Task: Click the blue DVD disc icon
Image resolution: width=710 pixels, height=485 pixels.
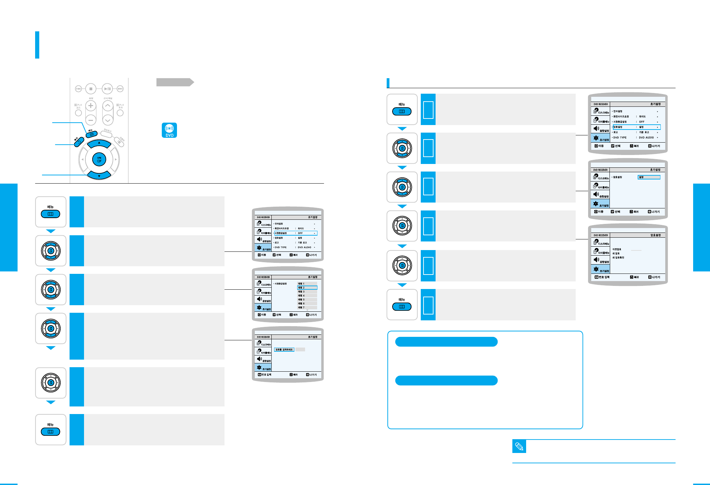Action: click(x=169, y=130)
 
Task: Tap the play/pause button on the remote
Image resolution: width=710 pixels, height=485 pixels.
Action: click(x=107, y=89)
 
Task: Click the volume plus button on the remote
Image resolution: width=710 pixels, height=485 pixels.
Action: click(x=91, y=105)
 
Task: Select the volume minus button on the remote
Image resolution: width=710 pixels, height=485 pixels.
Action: click(x=91, y=120)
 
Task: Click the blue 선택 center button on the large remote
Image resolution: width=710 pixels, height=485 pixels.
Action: click(x=99, y=159)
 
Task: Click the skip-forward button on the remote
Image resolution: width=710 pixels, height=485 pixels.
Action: click(x=120, y=89)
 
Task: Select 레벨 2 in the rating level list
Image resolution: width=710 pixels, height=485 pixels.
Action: click(x=307, y=288)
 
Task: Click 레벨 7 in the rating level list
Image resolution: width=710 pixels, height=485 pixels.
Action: click(x=307, y=308)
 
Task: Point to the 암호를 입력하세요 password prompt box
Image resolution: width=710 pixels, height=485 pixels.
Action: click(x=284, y=350)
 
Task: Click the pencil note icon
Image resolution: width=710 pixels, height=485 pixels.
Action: click(x=519, y=447)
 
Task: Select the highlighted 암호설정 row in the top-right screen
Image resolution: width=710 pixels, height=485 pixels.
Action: click(x=636, y=127)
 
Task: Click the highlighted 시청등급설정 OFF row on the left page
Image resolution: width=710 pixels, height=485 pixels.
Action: click(x=295, y=233)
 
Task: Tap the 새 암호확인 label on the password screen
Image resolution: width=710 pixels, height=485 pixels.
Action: click(x=618, y=258)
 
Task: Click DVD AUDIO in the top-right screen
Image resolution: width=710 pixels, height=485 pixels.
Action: click(x=646, y=137)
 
